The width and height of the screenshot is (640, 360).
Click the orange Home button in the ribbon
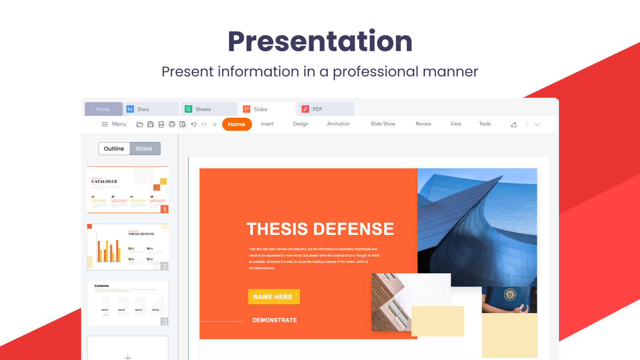tap(237, 124)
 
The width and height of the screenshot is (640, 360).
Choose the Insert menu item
tap(268, 124)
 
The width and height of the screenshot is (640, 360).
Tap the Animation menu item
tap(338, 124)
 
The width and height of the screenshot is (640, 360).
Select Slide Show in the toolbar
tap(383, 124)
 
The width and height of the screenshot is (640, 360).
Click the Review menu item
tap(423, 124)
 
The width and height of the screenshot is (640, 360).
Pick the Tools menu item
tap(484, 124)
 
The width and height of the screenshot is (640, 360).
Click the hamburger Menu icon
tap(105, 124)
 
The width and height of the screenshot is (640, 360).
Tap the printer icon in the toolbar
tap(172, 124)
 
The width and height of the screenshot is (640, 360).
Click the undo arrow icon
tap(193, 124)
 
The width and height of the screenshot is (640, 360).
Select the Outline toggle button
tap(114, 149)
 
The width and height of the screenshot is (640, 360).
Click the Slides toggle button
tap(144, 149)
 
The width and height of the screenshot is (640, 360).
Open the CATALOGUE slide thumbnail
tap(127, 190)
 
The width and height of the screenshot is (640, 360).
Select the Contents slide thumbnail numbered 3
tap(127, 303)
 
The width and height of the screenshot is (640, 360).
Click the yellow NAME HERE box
tap(274, 297)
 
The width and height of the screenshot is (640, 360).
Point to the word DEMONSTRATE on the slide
tap(275, 320)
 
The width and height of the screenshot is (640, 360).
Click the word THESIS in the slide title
tap(276, 229)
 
